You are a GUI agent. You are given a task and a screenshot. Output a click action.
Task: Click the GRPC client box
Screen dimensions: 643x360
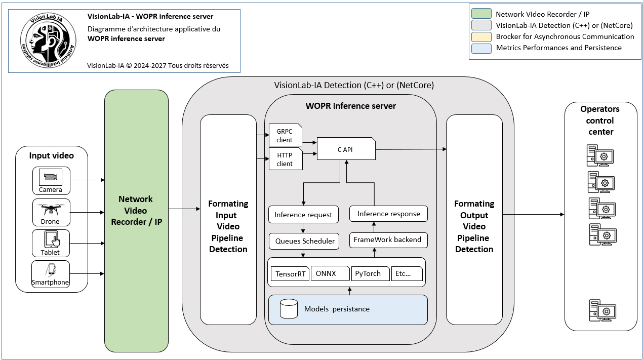click(286, 135)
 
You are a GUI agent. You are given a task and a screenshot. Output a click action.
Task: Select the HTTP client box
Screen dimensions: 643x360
click(286, 159)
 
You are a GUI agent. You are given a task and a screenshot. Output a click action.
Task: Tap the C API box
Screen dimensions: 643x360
click(346, 149)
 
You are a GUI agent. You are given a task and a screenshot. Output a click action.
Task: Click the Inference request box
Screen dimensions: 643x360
click(303, 215)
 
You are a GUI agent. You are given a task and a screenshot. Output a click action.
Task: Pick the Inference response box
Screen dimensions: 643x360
click(388, 214)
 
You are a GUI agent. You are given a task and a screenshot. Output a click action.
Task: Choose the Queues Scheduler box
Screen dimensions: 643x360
click(304, 241)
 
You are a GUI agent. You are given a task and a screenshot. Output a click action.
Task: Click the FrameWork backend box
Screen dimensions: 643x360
click(388, 240)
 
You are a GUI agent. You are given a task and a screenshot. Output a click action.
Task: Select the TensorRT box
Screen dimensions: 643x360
click(290, 273)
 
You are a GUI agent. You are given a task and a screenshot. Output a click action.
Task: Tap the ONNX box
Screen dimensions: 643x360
click(330, 273)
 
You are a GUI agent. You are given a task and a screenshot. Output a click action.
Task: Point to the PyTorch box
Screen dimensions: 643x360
click(371, 273)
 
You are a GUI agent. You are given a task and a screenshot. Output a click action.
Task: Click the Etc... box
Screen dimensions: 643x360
click(407, 273)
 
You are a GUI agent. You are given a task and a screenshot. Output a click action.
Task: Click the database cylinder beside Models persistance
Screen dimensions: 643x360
click(289, 309)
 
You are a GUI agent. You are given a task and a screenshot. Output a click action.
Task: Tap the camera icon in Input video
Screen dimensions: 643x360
click(51, 177)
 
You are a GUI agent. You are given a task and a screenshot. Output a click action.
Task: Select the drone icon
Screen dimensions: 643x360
click(51, 210)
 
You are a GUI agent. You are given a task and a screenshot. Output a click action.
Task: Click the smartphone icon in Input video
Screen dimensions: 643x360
click(51, 270)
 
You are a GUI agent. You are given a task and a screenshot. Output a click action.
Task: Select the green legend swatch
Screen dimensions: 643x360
click(481, 14)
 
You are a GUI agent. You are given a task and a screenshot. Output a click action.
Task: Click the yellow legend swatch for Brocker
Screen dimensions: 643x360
click(481, 37)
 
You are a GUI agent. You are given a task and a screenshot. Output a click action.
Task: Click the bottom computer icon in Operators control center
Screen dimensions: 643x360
click(602, 310)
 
